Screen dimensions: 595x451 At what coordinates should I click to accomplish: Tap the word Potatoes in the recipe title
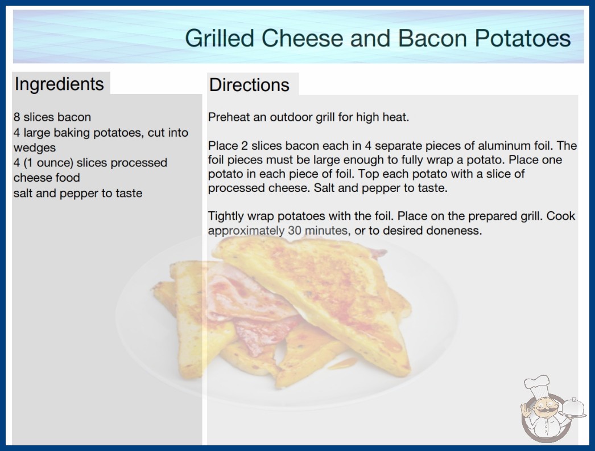point(523,38)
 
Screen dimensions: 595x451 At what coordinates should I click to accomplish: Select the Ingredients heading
point(59,84)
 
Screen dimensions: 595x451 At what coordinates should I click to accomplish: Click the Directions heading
point(249,85)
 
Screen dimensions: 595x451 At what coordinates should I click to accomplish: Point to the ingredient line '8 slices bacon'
point(52,117)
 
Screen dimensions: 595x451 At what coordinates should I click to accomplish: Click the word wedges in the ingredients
point(35,148)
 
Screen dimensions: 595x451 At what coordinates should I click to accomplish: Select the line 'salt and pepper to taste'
point(78,193)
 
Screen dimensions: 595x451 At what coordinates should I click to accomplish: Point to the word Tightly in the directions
point(226,216)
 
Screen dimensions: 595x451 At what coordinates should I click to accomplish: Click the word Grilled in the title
point(220,38)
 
